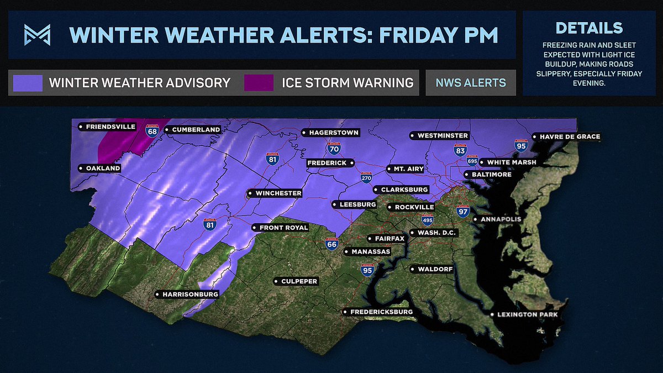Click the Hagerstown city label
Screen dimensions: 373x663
point(330,133)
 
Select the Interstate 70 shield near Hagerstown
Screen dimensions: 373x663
point(333,148)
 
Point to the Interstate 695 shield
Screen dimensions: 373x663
point(472,161)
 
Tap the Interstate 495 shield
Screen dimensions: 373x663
point(427,219)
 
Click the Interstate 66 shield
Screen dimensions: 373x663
point(331,244)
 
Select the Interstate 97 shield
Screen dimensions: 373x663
point(463,211)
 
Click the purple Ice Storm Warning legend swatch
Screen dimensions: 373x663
point(259,83)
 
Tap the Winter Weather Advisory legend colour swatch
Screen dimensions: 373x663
point(28,83)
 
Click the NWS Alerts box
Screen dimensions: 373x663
point(470,83)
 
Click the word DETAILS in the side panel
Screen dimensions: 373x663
point(589,28)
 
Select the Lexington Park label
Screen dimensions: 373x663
point(525,314)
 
